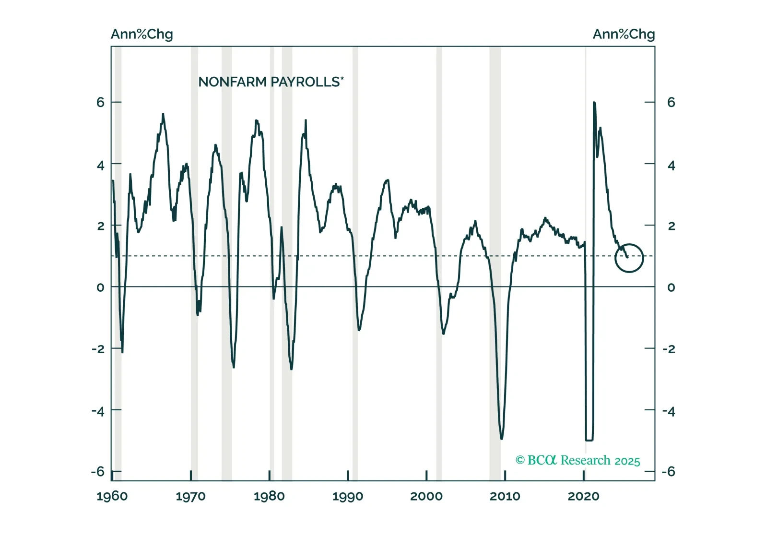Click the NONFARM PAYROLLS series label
(x=271, y=82)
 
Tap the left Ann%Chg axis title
(x=141, y=34)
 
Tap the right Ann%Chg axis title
(x=623, y=34)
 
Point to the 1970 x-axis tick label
(x=190, y=496)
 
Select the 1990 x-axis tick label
(x=347, y=496)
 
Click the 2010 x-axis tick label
(x=505, y=496)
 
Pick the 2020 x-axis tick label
(x=583, y=496)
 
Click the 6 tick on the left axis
(x=100, y=102)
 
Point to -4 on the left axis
(x=98, y=411)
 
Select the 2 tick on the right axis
(x=671, y=226)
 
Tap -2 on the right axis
(x=669, y=349)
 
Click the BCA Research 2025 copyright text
(x=577, y=460)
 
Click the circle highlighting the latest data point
(x=629, y=258)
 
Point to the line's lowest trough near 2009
(x=502, y=439)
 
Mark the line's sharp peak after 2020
(x=594, y=103)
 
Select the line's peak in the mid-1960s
(x=163, y=114)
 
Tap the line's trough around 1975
(x=234, y=367)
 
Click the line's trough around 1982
(x=291, y=369)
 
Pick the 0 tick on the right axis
(x=671, y=287)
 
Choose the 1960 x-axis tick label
(x=112, y=496)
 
